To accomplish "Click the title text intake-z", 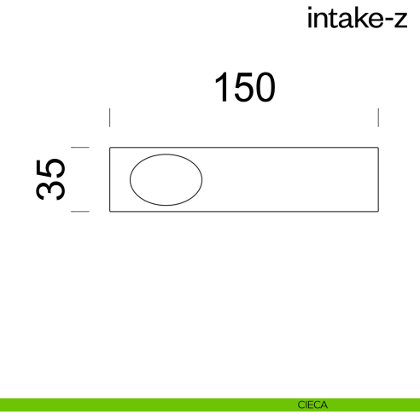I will [357, 19].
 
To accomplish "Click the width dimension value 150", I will [244, 88].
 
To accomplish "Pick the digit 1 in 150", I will [221, 88].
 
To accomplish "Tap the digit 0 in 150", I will [265, 88].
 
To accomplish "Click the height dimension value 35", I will [51, 178].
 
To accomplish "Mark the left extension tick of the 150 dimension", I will [110, 118].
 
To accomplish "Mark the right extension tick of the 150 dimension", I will [378, 118].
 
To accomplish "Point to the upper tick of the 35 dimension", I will [80, 148].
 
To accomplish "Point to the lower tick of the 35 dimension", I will [80, 211].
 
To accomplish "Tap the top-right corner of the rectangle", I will [377, 149].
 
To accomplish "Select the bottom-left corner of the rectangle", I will [110, 211].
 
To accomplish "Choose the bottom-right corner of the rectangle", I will [377, 211].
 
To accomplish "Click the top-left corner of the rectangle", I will [110, 149].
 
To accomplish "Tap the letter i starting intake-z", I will [310, 19].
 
